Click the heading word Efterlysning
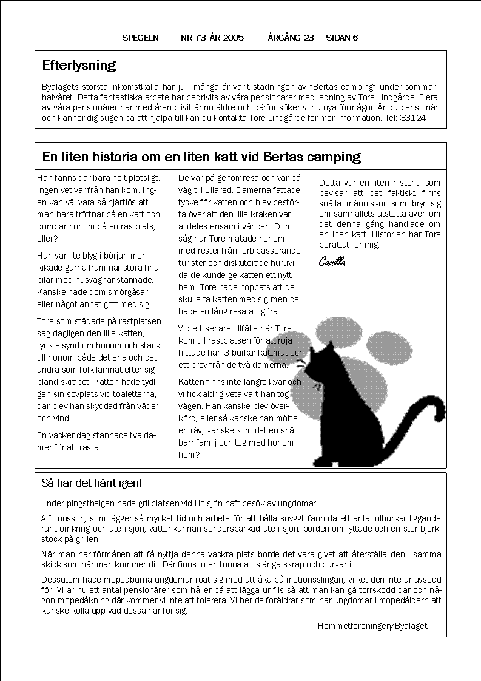coord(79,65)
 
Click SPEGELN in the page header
coord(140,38)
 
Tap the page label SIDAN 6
coord(341,38)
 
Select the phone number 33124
coord(412,118)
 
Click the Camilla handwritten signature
coord(332,262)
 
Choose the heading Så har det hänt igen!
coord(92,484)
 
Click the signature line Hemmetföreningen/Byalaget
coord(372,626)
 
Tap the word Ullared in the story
coord(207,189)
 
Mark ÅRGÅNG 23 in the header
coord(291,38)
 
